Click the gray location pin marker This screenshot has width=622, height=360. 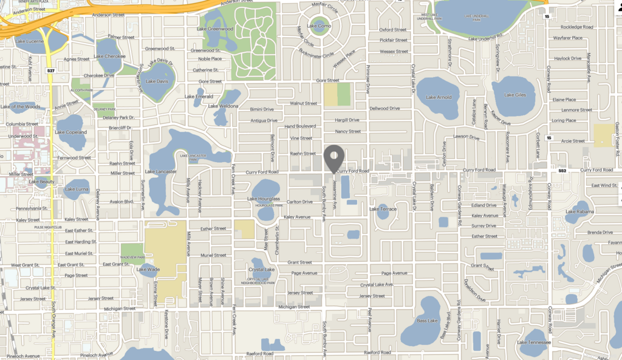(x=333, y=158)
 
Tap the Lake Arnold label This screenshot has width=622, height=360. (x=439, y=97)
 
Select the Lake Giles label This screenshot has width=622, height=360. (x=514, y=95)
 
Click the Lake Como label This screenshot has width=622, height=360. (x=319, y=26)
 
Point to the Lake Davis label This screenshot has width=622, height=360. (x=157, y=81)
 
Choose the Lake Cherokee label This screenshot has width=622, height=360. (x=111, y=56)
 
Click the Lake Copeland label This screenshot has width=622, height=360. (x=71, y=132)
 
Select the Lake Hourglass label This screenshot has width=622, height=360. (x=264, y=199)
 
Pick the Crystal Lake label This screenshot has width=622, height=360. (x=262, y=269)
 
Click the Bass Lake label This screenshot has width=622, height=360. (x=427, y=320)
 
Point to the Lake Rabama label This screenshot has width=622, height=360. (x=579, y=212)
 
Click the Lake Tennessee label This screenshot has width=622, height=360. (x=534, y=342)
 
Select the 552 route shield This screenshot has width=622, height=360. (x=562, y=171)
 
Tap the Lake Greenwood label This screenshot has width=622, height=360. (x=217, y=29)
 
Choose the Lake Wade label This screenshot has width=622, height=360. (x=148, y=269)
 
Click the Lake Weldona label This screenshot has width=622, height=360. (x=224, y=106)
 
